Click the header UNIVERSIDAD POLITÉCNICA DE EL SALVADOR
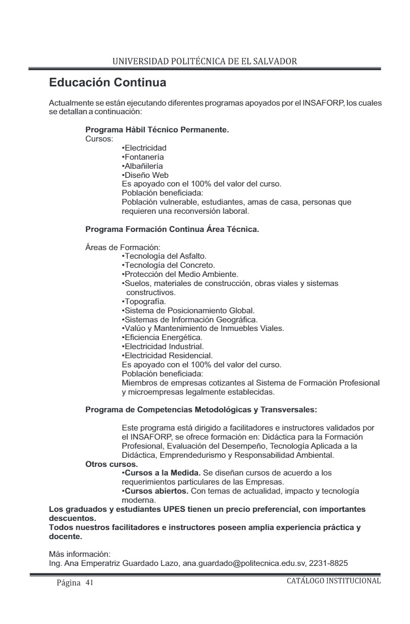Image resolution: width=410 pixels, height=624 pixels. point(204,61)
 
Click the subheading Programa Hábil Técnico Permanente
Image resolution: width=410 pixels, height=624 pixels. point(157,130)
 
